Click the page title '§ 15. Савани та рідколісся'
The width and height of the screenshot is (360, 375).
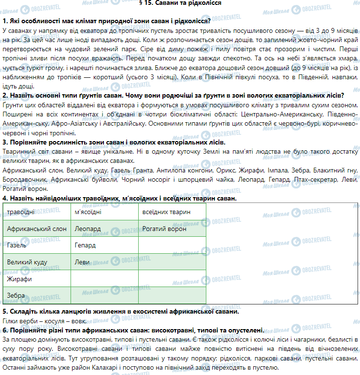(180, 3)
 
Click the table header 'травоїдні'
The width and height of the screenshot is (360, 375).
(21, 212)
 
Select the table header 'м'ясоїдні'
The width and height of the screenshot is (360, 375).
(87, 212)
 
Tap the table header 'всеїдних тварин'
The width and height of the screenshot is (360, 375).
(166, 212)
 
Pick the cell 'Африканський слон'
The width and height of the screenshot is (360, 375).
(33, 229)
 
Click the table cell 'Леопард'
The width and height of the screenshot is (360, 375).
(88, 229)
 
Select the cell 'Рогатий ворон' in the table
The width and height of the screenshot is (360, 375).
(164, 229)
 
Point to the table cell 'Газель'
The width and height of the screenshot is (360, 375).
(17, 245)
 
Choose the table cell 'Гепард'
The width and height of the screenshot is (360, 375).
(86, 245)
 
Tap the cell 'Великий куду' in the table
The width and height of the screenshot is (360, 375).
(27, 262)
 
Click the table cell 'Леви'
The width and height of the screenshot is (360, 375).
(82, 262)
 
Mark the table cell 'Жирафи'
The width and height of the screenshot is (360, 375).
(19, 279)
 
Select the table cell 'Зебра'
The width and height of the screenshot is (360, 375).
(16, 295)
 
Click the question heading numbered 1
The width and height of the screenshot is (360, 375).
(106, 21)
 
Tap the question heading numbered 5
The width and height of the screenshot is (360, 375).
(120, 312)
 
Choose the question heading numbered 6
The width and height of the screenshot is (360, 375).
(133, 330)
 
